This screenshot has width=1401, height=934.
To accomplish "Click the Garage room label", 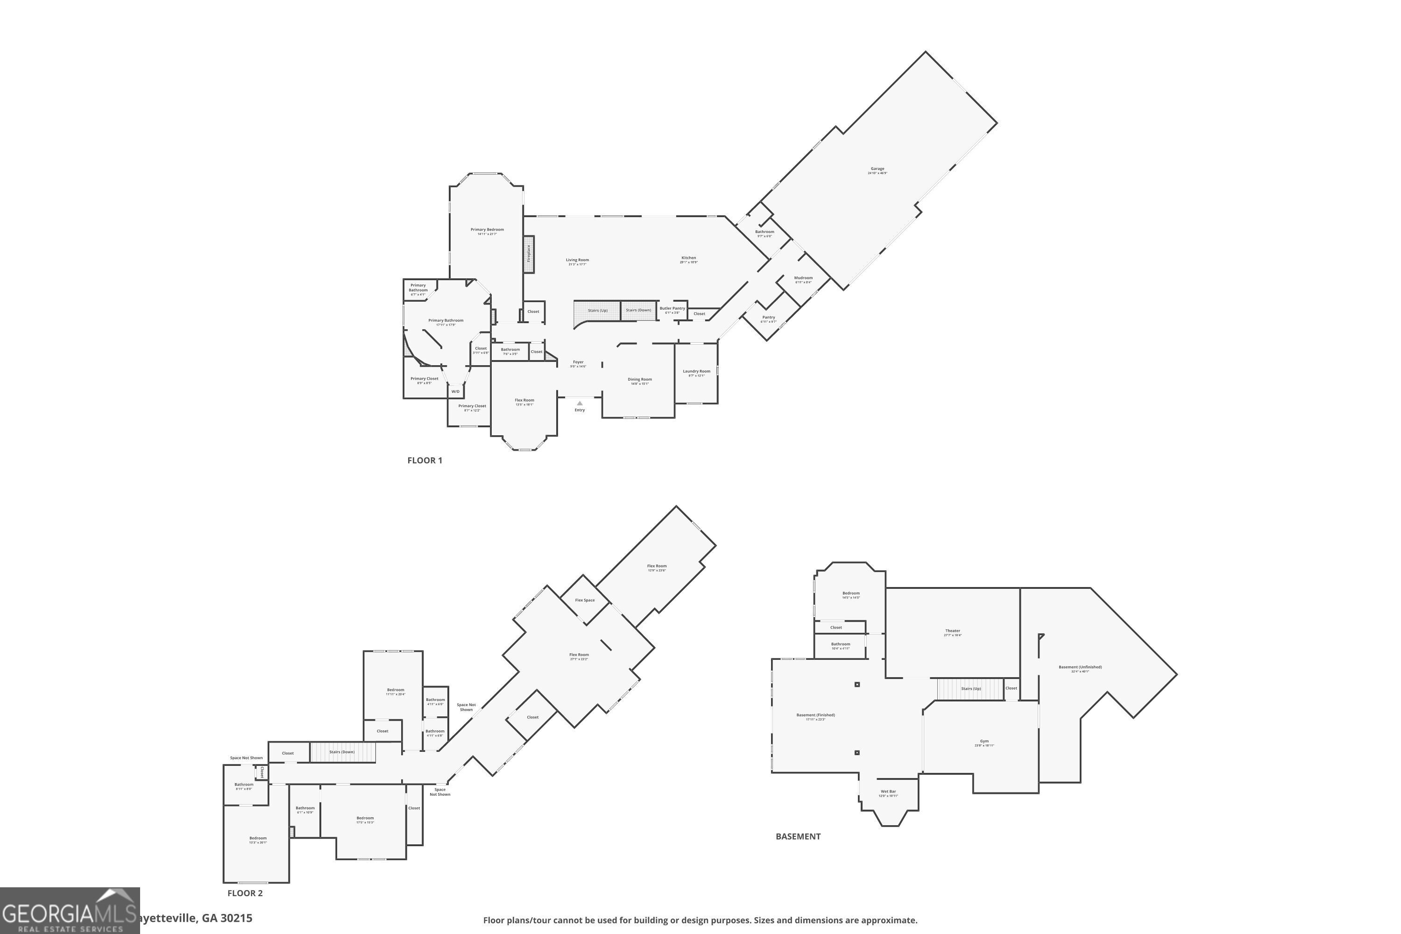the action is point(877,169).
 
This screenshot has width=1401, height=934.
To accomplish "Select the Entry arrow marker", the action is point(580,403).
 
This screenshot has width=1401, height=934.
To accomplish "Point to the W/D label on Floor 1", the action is point(455,391).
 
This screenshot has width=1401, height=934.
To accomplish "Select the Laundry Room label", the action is point(696,372).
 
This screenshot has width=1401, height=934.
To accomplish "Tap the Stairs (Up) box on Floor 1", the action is point(597,311).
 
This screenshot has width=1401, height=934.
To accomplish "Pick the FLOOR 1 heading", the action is point(424,460).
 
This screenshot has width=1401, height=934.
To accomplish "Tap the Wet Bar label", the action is point(888,792).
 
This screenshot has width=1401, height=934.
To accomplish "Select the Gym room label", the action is point(984,742).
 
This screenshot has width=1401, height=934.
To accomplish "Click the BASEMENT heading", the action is point(798,836).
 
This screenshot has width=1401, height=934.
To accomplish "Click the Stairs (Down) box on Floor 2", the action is point(342,752).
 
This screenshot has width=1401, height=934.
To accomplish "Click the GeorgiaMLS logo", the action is point(70,911).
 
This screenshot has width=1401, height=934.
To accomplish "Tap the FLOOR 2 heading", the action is point(245,893).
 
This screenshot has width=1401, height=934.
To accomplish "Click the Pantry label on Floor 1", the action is point(768,318).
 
